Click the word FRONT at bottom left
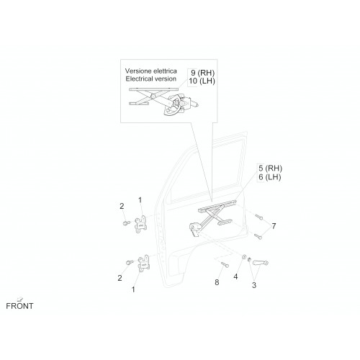[x=19, y=306]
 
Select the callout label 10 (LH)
[x=202, y=81]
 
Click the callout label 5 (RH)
[x=270, y=168]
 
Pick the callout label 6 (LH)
[x=270, y=177]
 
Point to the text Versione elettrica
[x=151, y=71]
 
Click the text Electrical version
[x=151, y=78]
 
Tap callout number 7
[x=274, y=226]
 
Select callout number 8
[x=217, y=282]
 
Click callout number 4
[x=235, y=276]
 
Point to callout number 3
[x=254, y=285]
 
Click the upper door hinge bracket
[x=140, y=224]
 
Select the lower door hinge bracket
[x=144, y=264]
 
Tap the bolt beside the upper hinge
[x=126, y=223]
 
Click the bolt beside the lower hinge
[x=130, y=262]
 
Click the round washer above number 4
[x=244, y=257]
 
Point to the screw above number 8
[x=225, y=264]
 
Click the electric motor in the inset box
[x=189, y=102]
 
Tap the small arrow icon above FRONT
[x=20, y=299]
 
